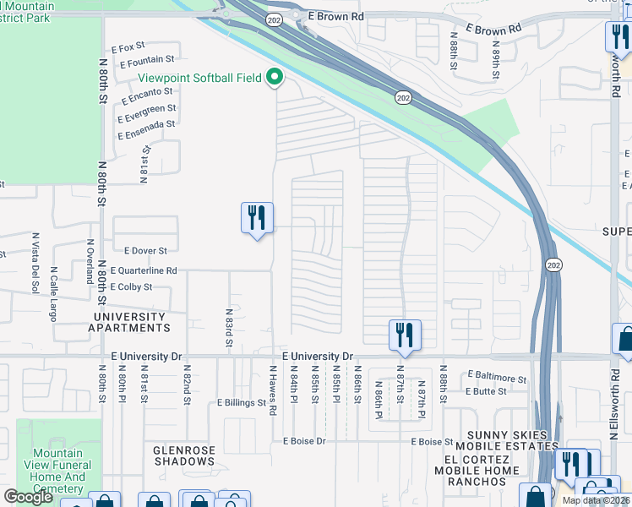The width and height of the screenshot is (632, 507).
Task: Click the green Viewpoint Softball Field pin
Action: (x=275, y=78)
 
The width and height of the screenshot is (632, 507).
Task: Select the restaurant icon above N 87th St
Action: (x=405, y=335)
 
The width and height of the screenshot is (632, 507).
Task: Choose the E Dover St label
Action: (x=145, y=251)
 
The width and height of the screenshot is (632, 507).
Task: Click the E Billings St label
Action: (x=241, y=403)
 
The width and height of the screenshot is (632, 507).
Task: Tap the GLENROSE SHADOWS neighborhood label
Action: (x=183, y=455)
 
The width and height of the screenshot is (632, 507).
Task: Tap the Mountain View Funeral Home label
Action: (x=61, y=471)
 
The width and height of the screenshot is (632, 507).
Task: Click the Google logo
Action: (x=28, y=496)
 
